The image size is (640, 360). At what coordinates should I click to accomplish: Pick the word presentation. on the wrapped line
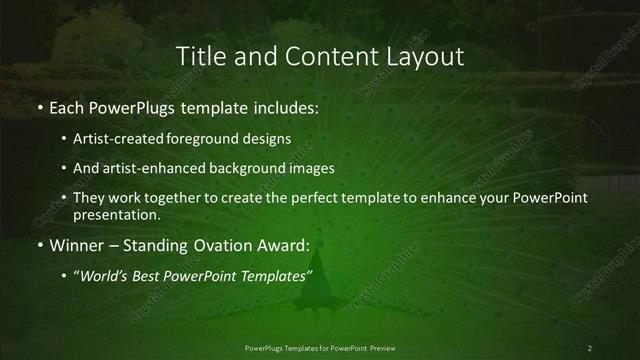(x=117, y=215)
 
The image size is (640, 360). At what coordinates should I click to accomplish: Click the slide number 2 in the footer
(x=590, y=347)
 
